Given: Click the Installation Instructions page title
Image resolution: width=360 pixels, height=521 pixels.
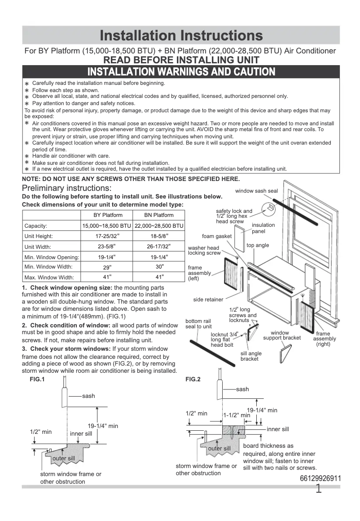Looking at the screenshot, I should (x=181, y=35).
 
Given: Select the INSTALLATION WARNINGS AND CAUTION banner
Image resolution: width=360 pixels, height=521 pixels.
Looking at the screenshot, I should (x=181, y=72).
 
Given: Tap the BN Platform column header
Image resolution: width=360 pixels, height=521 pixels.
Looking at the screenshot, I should (x=158, y=215).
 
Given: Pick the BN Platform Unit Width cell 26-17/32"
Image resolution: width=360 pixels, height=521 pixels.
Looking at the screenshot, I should (x=158, y=247).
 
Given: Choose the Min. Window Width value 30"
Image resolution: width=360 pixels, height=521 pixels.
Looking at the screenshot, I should (x=158, y=267).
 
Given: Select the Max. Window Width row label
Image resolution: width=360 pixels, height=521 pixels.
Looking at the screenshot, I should (x=49, y=278).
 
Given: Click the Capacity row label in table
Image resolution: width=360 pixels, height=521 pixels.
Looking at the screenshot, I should (x=36, y=226).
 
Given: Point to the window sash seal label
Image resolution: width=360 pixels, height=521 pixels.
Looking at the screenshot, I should (x=256, y=191).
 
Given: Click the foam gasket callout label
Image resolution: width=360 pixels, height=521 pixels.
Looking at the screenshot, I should (x=217, y=236).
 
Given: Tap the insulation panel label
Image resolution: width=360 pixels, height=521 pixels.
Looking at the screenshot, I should (x=263, y=228).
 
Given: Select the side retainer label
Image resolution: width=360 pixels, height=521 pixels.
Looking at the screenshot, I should (x=208, y=300).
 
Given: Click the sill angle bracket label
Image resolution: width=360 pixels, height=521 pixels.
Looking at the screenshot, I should (x=251, y=356).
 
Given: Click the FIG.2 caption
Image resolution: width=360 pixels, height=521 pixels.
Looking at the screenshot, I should (x=193, y=380).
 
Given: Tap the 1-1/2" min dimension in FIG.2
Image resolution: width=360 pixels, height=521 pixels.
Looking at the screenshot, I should (x=237, y=415).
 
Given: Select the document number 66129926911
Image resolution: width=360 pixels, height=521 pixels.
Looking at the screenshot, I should (x=320, y=479).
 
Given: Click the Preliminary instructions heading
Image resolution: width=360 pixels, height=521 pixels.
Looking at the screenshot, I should (x=67, y=188).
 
